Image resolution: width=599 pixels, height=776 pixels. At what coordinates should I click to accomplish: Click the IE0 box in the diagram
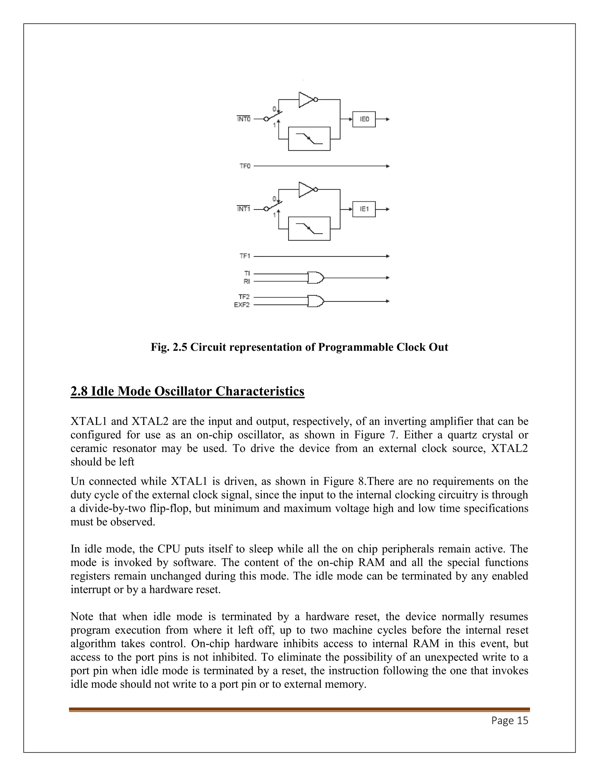click(364, 119)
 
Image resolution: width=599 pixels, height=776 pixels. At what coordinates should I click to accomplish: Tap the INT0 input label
click(244, 119)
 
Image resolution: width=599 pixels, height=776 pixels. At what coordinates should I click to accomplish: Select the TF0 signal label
click(245, 166)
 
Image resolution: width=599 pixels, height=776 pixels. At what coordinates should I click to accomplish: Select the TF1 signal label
click(245, 256)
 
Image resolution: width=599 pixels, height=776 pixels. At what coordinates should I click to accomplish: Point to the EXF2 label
click(242, 305)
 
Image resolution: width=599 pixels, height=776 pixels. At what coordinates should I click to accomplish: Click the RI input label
click(246, 281)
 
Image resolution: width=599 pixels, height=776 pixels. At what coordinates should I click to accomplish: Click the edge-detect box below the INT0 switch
click(309, 139)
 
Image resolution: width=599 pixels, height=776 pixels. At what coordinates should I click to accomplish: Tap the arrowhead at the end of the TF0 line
click(388, 166)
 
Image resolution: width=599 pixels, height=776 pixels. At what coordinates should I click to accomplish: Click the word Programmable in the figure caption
click(356, 347)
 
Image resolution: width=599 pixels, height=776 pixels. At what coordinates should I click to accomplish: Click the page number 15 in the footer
click(523, 720)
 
